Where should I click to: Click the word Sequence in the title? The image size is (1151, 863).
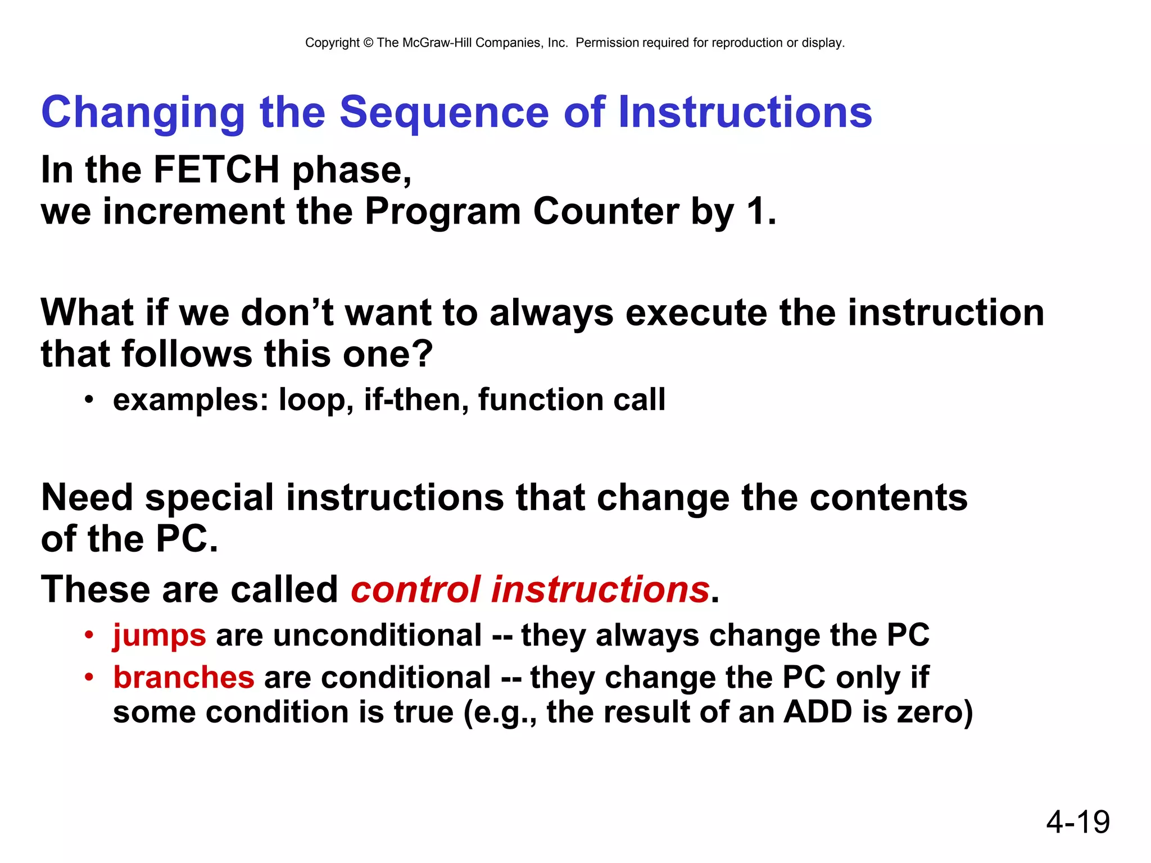tap(443, 112)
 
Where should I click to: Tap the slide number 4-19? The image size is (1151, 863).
tap(1077, 822)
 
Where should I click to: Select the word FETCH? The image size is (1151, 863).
tap(216, 170)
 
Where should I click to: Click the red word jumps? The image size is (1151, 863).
tap(159, 636)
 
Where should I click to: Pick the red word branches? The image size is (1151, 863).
tap(184, 677)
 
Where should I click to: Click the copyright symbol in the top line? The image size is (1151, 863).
tap(368, 43)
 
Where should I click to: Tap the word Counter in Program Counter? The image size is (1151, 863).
tap(606, 212)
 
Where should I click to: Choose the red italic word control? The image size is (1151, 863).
tap(416, 590)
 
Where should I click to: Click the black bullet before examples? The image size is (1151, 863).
tap(88, 401)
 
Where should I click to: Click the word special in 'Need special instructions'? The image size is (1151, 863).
tap(209, 498)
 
